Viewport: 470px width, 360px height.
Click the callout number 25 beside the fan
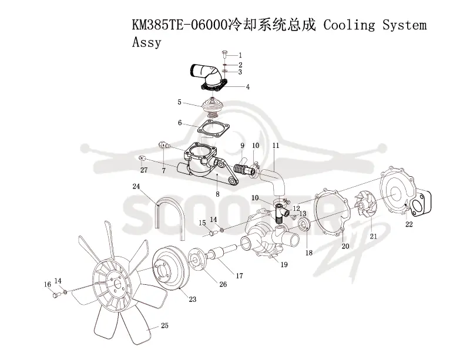[x=164, y=325]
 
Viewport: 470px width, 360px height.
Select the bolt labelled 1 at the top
[x=225, y=55]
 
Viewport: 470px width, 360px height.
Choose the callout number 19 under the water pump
[x=284, y=265]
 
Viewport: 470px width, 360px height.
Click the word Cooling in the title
[x=349, y=25]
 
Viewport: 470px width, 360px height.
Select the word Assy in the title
[x=146, y=42]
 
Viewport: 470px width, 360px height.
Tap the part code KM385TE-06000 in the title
[x=179, y=25]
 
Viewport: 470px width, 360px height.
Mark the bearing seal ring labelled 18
[x=304, y=224]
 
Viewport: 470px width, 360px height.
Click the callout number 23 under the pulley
[x=193, y=299]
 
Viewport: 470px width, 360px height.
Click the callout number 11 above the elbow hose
[x=276, y=146]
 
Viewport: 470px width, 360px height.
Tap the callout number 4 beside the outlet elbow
[x=248, y=87]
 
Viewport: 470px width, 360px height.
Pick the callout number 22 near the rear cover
[x=409, y=224]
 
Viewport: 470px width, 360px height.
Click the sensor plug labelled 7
[x=164, y=146]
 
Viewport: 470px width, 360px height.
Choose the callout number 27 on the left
[x=144, y=170]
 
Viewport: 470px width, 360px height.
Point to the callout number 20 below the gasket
[x=345, y=246]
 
